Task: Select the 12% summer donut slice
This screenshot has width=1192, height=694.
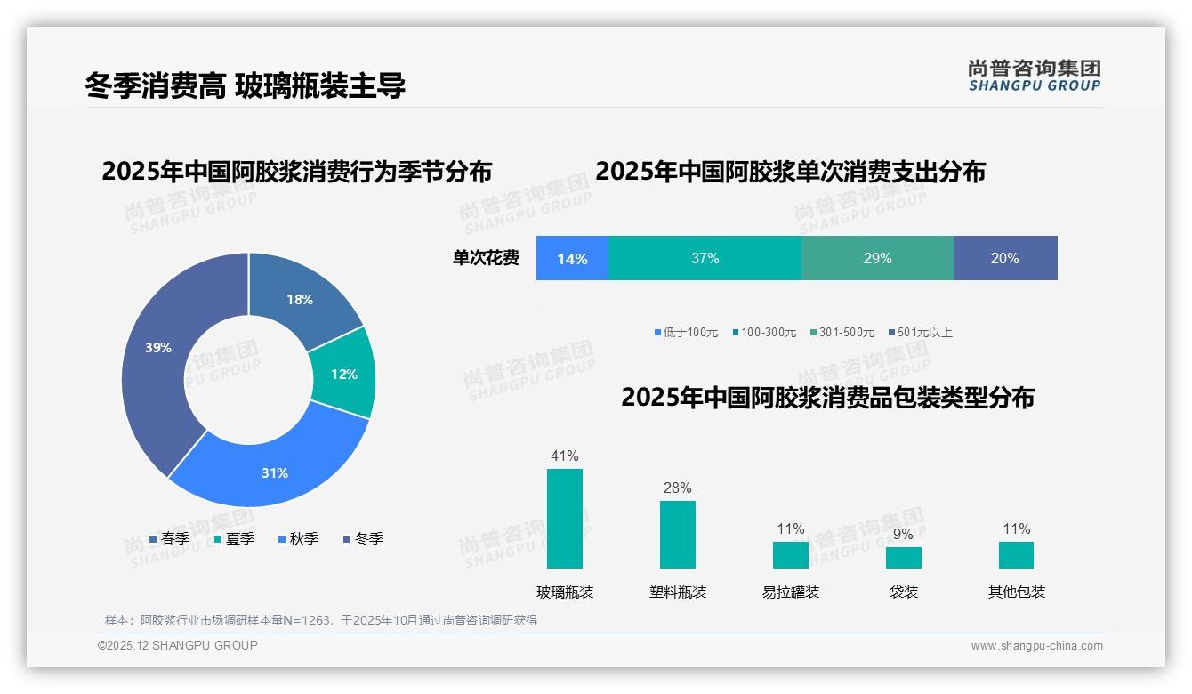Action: (343, 374)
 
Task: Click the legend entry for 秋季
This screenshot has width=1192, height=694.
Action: (298, 538)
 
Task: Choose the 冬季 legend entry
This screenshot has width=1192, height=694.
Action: (363, 538)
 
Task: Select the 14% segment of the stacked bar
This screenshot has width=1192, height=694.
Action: (572, 259)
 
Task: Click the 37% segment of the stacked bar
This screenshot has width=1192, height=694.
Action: (705, 259)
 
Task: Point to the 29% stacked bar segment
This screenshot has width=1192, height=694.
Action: (877, 259)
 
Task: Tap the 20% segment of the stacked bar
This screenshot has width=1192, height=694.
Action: (1005, 259)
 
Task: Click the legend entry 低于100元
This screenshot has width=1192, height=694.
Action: (686, 332)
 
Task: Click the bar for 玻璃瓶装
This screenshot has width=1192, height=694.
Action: (565, 519)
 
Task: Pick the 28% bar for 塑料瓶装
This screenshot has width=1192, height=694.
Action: (678, 535)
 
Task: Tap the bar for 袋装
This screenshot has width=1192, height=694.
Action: (904, 558)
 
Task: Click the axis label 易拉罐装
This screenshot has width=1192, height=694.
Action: (791, 592)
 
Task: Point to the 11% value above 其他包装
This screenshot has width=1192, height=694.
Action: (1017, 529)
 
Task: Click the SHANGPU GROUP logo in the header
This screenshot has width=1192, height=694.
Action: (1035, 76)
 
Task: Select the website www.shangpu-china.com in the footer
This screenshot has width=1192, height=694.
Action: (1036, 646)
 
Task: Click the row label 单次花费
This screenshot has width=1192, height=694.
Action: (486, 259)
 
